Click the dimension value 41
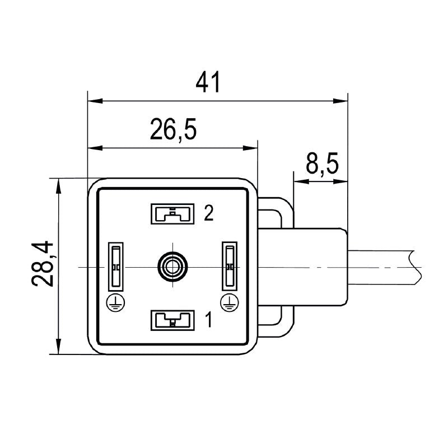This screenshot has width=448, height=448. [x=208, y=83]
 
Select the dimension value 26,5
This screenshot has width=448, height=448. [x=173, y=130]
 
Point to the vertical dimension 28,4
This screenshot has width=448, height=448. [x=42, y=264]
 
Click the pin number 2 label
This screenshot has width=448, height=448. [x=208, y=213]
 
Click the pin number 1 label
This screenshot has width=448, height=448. [x=208, y=320]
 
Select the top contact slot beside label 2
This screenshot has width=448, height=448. [x=172, y=213]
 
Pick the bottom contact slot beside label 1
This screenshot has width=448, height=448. [x=172, y=320]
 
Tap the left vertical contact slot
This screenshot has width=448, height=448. [x=115, y=267]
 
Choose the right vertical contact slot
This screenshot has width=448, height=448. [x=228, y=267]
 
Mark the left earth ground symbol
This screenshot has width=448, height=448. [x=115, y=303]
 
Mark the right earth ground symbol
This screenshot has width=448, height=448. [x=228, y=303]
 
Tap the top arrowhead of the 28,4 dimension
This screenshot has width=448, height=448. [x=58, y=185]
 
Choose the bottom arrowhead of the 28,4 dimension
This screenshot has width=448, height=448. [x=58, y=347]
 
